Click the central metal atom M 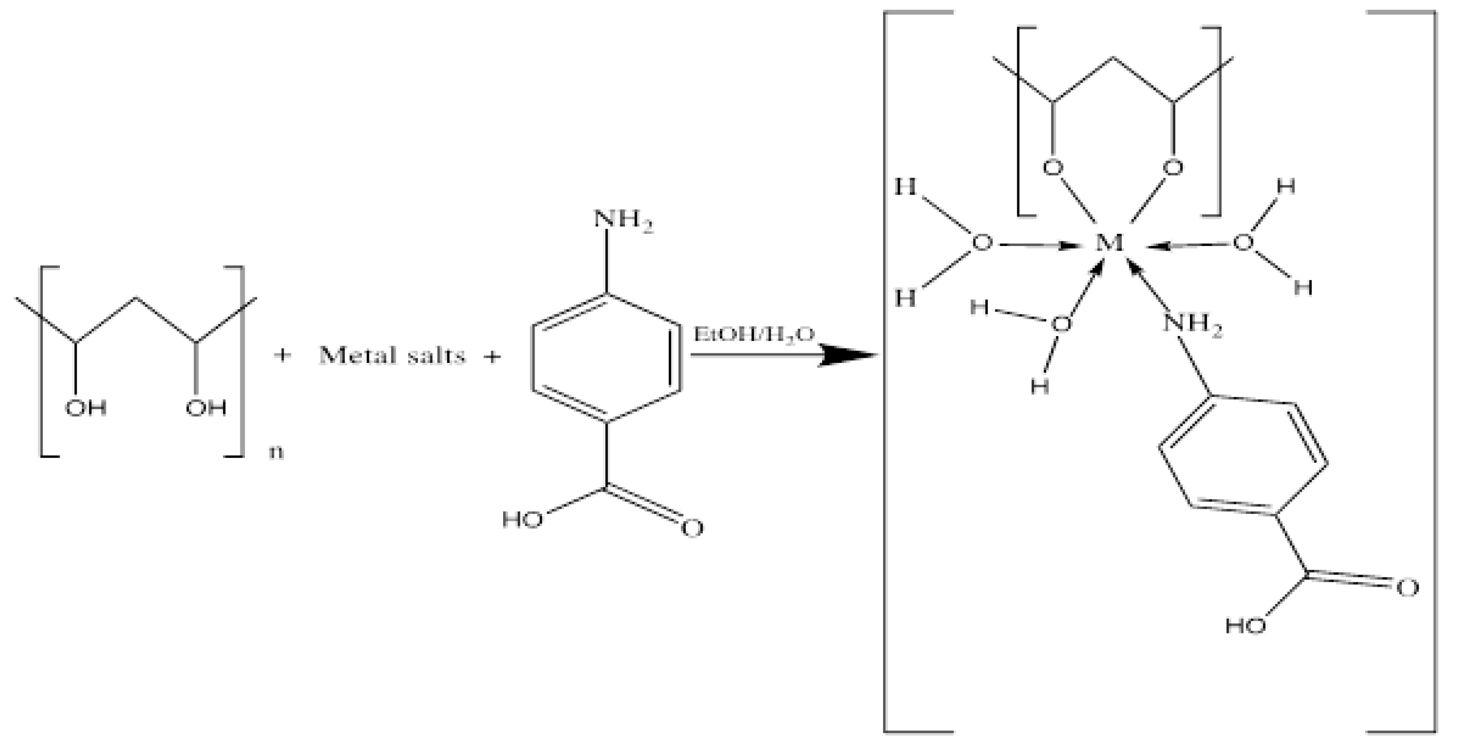click(1109, 243)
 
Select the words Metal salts click(392, 356)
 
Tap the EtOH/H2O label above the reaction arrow click(754, 334)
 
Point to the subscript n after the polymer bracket click(276, 453)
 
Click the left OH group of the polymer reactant click(86, 408)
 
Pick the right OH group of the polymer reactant click(206, 408)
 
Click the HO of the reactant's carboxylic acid click(523, 519)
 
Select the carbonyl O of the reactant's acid click(692, 528)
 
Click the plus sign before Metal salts click(282, 356)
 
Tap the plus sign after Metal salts click(492, 357)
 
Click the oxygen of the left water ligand click(982, 243)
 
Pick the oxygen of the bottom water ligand click(1060, 325)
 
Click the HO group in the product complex click(1246, 626)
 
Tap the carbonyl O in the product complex click(1407, 588)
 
